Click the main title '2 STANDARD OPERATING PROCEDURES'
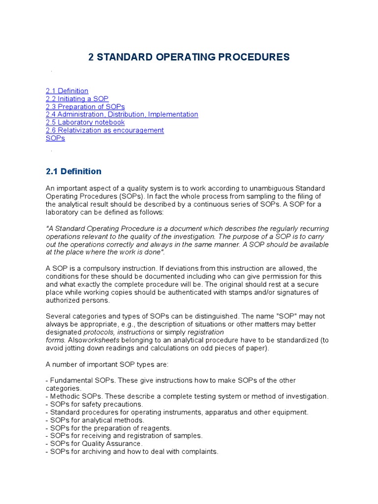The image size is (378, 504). (x=189, y=57)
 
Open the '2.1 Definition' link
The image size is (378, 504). (x=67, y=91)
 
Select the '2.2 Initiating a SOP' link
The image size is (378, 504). (x=77, y=99)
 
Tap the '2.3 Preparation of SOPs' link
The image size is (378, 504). (x=85, y=107)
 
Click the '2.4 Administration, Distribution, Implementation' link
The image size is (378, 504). (x=122, y=115)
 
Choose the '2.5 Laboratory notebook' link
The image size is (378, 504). (x=85, y=123)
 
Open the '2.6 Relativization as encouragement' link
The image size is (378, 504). (x=105, y=130)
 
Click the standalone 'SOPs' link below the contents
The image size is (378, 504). (x=55, y=138)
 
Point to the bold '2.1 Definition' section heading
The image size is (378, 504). (x=73, y=171)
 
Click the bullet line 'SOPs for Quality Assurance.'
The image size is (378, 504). (x=94, y=443)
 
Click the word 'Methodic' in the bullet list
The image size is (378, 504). (x=64, y=396)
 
